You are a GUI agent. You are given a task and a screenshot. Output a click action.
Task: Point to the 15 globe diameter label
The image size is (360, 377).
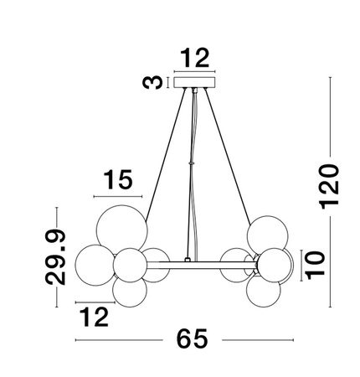(x=119, y=180)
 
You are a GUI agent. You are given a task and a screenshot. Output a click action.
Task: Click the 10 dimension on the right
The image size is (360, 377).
(x=312, y=263)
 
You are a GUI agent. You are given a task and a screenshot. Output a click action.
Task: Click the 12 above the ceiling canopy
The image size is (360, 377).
(x=196, y=59)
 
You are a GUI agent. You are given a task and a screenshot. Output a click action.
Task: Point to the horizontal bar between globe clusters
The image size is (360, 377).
(x=196, y=265)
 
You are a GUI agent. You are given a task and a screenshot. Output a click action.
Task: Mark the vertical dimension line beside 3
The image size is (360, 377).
(x=167, y=83)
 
